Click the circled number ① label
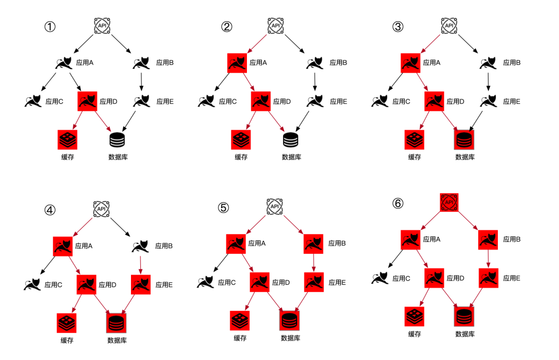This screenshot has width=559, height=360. [50, 27]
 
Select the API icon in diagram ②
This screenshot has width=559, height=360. [276, 25]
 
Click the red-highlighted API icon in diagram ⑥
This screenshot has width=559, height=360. [449, 202]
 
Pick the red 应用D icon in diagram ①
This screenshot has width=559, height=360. [87, 101]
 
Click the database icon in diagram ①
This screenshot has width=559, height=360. [117, 139]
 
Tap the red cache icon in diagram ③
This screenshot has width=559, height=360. [414, 139]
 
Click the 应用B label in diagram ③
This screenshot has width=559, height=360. [511, 63]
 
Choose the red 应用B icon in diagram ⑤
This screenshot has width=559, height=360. [314, 243]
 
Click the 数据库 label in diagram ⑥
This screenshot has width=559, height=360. [465, 334]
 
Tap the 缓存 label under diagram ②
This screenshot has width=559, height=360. [241, 157]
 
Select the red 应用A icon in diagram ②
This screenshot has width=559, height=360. [237, 63]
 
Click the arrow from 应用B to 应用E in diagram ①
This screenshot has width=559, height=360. [141, 82]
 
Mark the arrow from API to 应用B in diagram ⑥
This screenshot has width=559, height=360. [469, 220]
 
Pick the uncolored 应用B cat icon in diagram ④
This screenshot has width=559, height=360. [140, 245]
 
